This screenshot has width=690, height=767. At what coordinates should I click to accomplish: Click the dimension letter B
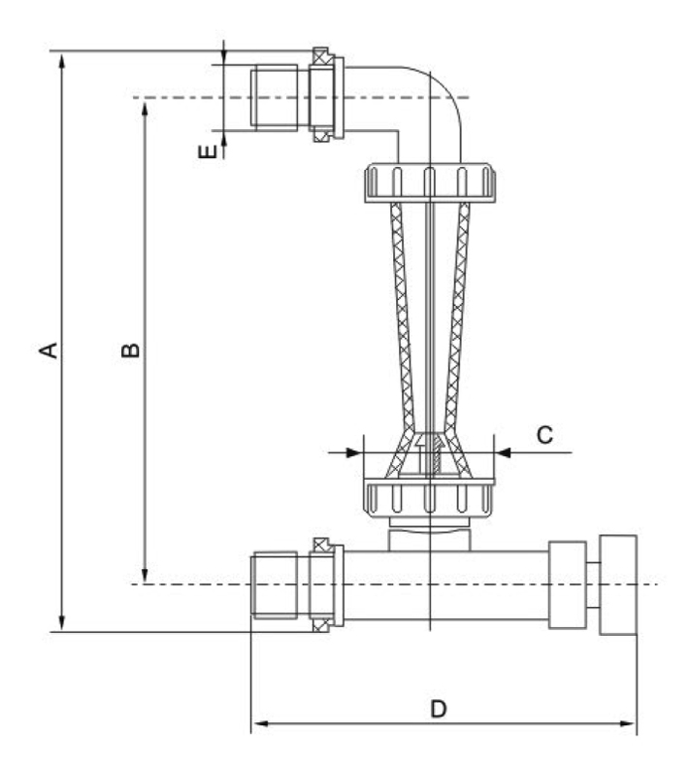(130, 348)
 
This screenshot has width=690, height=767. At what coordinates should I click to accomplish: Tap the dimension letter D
(438, 709)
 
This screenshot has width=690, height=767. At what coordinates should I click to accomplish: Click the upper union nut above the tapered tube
(429, 183)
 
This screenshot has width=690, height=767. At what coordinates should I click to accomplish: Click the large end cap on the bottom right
(617, 584)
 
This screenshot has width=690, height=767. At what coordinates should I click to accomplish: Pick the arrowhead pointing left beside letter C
(505, 451)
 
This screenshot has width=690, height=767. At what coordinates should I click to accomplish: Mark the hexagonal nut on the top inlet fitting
(323, 97)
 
